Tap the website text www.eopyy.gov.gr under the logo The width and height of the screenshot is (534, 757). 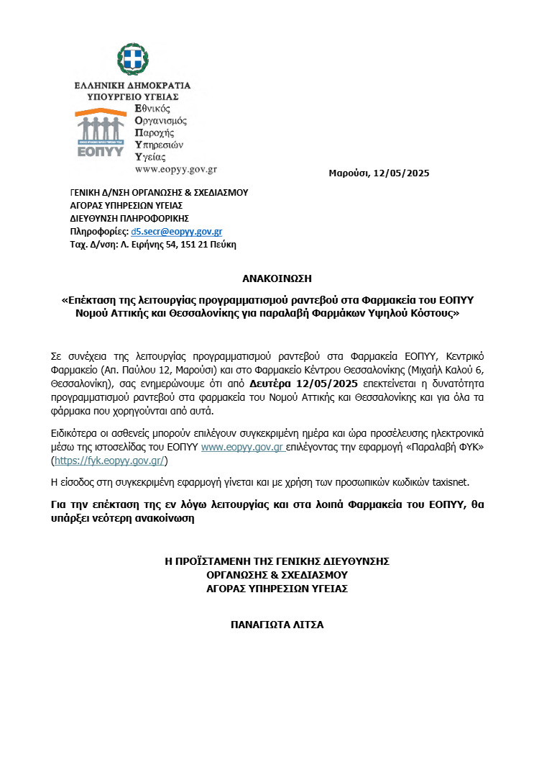pos(175,169)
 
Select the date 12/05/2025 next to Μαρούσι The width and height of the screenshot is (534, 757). pos(402,173)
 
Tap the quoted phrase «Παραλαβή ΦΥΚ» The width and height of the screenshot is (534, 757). pos(455,448)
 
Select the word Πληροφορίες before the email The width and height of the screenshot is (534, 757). pos(98,232)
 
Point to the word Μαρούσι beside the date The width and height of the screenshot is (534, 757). pos(349,173)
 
